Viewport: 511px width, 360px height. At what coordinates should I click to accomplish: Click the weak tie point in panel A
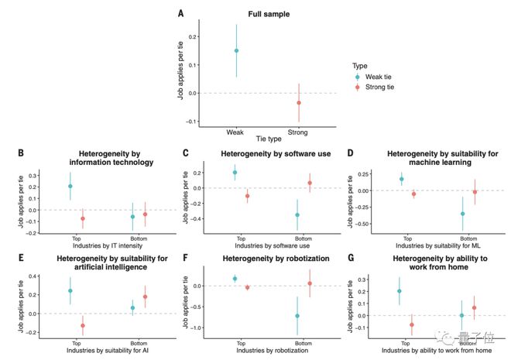click(x=236, y=51)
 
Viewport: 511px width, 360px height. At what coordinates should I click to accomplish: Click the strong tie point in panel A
click(x=299, y=102)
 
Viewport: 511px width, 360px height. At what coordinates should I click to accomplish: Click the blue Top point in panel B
click(x=70, y=186)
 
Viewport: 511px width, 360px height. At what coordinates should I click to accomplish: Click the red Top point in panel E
click(x=83, y=326)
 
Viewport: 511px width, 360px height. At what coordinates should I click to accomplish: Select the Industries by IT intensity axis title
click(x=97, y=245)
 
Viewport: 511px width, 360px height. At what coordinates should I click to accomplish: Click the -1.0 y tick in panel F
click(x=202, y=327)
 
